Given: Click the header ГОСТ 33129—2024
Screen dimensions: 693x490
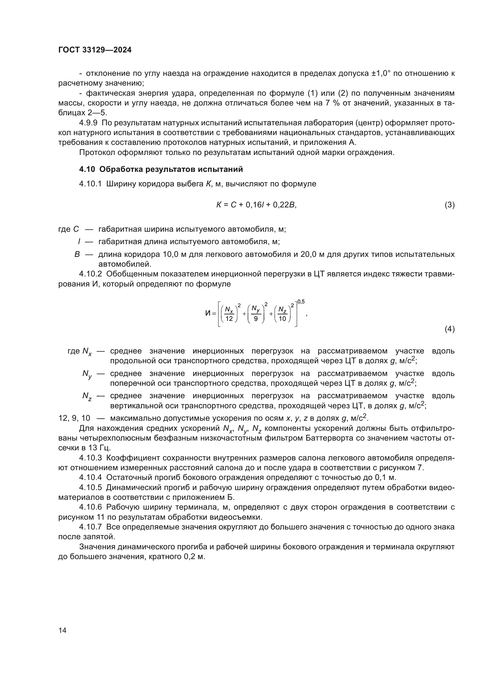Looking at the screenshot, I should point(95,50).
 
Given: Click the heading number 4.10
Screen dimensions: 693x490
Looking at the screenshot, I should point(87,169).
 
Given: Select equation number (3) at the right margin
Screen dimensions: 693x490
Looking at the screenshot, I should point(449,205).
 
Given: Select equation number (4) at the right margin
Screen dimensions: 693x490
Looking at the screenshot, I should point(449,329).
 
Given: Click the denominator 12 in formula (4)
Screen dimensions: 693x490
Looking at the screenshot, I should point(229,319).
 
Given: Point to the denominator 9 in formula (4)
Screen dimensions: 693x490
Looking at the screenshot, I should point(256,319).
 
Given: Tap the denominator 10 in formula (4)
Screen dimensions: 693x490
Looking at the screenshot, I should point(282,319).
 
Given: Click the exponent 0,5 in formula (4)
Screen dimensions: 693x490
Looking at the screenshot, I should point(301,302).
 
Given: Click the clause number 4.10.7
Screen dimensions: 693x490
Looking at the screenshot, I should point(91,527).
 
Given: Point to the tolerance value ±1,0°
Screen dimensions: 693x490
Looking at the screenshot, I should point(381,73).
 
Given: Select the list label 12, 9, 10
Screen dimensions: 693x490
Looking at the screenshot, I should point(74,418).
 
